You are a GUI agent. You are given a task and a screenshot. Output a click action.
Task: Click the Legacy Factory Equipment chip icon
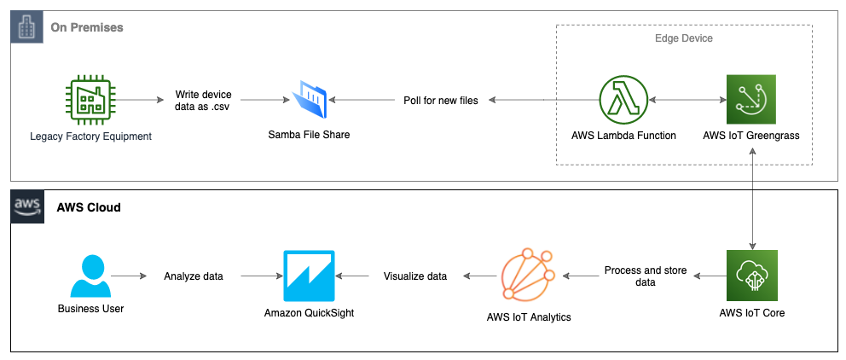(x=90, y=100)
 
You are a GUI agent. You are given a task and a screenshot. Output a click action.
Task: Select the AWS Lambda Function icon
(x=624, y=100)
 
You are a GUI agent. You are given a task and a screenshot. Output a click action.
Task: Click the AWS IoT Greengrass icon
(x=750, y=100)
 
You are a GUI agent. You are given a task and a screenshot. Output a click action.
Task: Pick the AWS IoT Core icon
(x=751, y=275)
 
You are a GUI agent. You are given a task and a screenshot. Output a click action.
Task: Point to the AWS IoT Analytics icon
(x=528, y=276)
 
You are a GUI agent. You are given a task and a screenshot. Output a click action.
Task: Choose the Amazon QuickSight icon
(x=309, y=276)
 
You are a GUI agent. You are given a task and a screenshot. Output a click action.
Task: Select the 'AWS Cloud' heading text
(x=89, y=207)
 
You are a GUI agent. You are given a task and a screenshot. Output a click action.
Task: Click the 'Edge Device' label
(x=683, y=38)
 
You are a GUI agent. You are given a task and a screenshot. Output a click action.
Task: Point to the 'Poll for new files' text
(x=440, y=100)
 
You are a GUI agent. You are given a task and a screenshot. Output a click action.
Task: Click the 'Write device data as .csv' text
(x=202, y=100)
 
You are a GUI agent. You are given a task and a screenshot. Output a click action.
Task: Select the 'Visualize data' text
(x=414, y=276)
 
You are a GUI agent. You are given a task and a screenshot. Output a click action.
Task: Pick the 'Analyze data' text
(x=193, y=276)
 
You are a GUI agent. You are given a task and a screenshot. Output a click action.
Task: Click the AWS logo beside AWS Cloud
(x=26, y=207)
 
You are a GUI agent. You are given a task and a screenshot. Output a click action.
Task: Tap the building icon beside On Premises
(x=26, y=27)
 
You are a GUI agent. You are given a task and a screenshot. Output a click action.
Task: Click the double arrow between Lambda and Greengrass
(x=688, y=100)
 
